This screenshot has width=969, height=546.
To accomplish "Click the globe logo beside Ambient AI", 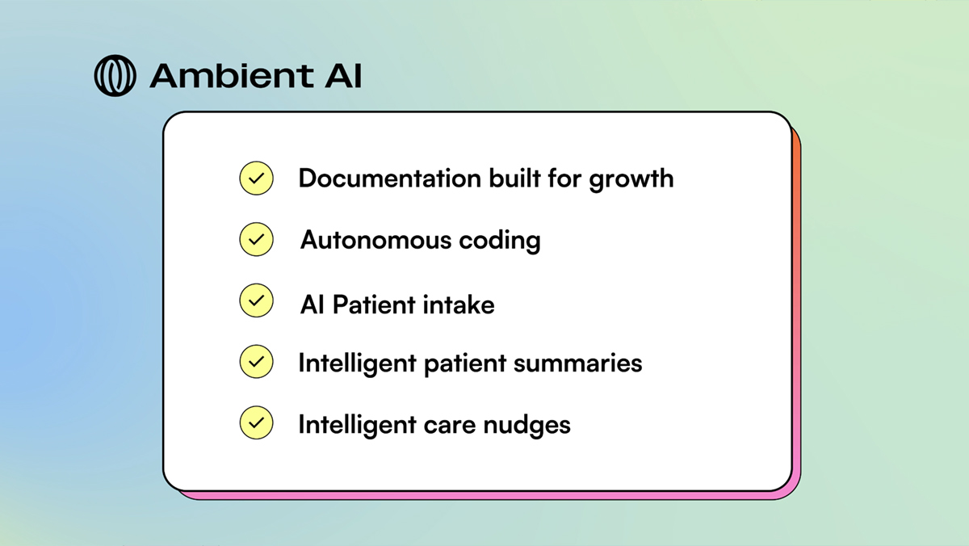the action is click(x=115, y=75).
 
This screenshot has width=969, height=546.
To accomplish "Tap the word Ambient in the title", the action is click(x=232, y=76).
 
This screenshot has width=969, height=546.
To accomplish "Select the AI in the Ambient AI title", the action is click(x=343, y=76).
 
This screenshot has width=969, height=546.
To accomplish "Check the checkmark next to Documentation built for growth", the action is click(x=256, y=178).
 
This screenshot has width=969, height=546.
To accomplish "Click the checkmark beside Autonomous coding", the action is click(x=256, y=239).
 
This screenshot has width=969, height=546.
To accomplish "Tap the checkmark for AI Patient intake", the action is click(x=256, y=300).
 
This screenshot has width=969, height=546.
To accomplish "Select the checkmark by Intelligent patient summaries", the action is click(x=256, y=362).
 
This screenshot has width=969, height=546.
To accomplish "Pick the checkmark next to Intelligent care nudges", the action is click(x=256, y=422).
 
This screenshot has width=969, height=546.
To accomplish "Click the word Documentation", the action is click(x=390, y=178).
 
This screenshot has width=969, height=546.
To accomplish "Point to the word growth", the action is click(x=631, y=179).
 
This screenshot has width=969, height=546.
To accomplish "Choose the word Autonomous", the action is click(x=375, y=240).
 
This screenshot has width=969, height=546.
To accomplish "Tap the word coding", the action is click(x=500, y=241).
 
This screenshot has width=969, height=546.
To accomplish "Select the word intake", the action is click(x=459, y=304).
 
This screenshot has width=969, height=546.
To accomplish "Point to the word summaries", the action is click(x=578, y=363).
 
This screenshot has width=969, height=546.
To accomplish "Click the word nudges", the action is click(x=526, y=425).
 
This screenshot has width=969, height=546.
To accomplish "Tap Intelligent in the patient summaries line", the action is click(x=357, y=363).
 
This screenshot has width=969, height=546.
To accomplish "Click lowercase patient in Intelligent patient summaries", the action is click(x=465, y=364).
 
